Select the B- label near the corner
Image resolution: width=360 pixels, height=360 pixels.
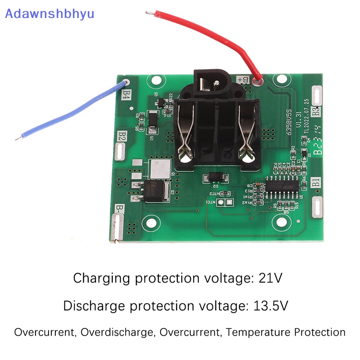coord(120,209)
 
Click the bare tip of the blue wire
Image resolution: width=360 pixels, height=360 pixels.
coord(18,138)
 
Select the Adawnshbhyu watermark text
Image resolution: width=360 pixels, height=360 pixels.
coord(49,13)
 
